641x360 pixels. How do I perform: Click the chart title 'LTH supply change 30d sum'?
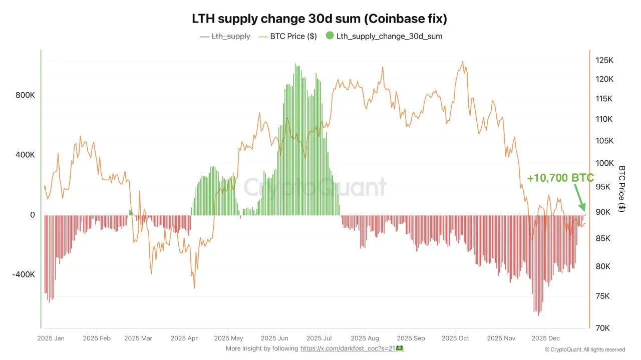319,19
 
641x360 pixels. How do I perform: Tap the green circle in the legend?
330,36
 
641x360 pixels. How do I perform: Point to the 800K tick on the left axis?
25,95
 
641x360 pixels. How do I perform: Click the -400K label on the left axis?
24,274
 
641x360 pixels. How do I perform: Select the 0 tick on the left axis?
33,215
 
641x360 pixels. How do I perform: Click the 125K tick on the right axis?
604,61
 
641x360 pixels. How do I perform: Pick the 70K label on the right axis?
602,328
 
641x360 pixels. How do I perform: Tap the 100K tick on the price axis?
604,163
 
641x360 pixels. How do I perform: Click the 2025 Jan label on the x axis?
51,338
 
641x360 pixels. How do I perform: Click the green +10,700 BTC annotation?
560,178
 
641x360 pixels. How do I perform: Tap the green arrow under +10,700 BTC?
578,198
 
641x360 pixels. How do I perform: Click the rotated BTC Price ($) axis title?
622,189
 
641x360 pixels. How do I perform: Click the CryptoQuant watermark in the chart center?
315,187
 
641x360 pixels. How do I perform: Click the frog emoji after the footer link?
400,348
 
